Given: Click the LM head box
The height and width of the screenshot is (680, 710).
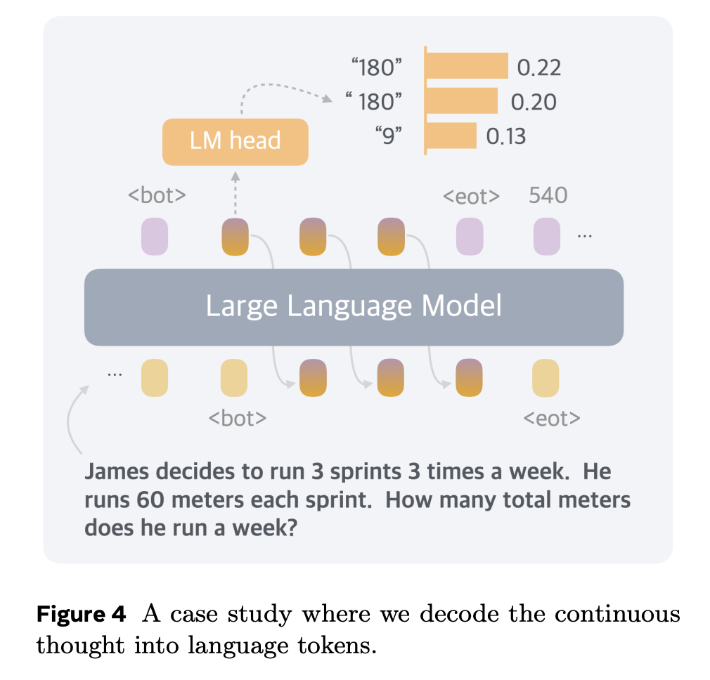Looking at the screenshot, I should [235, 141].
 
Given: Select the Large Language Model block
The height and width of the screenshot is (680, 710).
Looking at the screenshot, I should [354, 307].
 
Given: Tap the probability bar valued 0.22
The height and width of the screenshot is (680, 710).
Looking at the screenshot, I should [467, 66].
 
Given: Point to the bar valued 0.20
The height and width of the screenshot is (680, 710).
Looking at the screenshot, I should [462, 101].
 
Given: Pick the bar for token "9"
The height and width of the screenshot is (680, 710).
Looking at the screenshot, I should [451, 136].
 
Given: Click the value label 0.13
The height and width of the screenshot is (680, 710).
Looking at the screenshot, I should [506, 136].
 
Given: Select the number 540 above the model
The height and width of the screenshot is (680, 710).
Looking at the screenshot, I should [548, 195].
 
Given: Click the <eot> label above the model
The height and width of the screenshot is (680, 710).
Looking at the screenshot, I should [471, 197].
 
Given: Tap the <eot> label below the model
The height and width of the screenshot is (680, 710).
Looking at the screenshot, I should [552, 419].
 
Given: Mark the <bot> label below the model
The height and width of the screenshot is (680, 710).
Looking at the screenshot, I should [238, 419].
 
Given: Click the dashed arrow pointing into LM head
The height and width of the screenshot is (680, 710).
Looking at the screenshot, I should [235, 191].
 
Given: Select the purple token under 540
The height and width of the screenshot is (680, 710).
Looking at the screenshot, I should [547, 236].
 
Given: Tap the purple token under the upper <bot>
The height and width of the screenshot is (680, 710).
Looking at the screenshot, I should [155, 236].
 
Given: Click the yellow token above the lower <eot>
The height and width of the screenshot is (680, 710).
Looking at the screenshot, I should [546, 377].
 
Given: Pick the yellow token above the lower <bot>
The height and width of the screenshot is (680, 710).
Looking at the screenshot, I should [234, 377].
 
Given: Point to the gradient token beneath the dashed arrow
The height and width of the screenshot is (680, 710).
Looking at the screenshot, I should [235, 236].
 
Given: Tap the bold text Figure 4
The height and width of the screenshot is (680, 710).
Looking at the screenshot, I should [81, 615].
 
